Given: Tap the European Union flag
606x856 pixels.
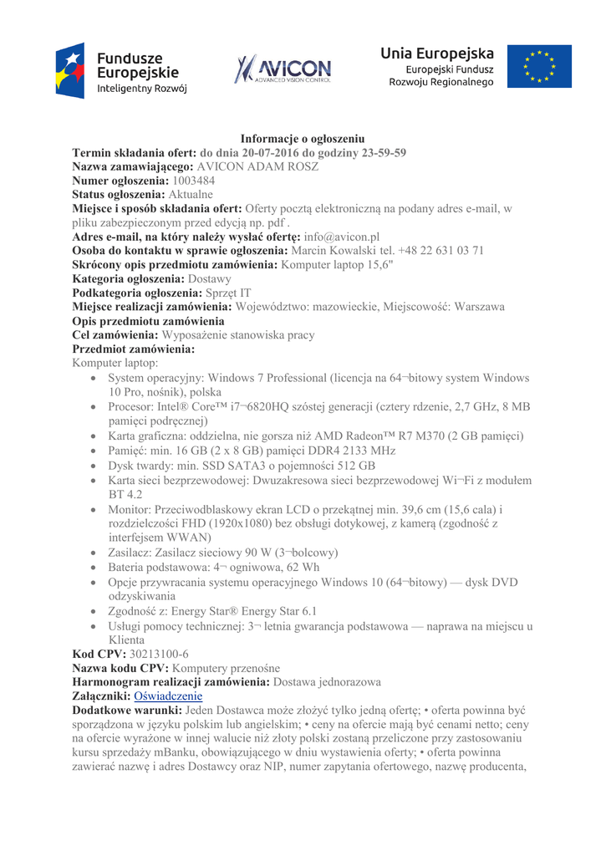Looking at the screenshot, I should (547, 67).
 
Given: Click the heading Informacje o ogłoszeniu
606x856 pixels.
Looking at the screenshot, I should (303, 138).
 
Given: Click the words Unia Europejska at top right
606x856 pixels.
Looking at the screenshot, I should (437, 53).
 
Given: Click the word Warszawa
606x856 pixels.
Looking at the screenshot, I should (474, 307).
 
